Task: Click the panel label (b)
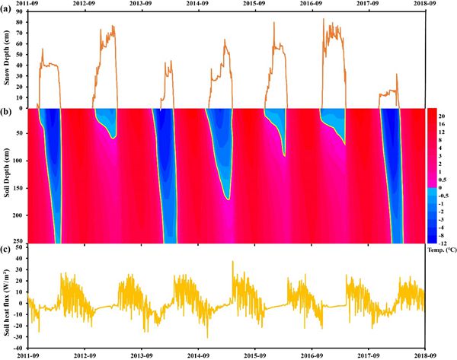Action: (8, 113)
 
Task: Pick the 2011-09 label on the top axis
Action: (28, 5)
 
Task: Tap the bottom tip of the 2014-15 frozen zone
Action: (227, 199)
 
